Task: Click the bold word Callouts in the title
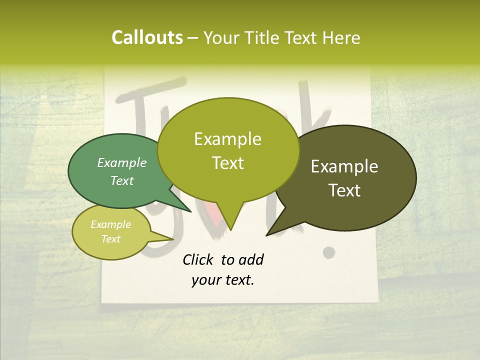tap(147, 37)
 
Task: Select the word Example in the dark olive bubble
tap(344, 166)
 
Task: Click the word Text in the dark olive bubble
tap(344, 190)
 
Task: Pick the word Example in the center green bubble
tap(227, 139)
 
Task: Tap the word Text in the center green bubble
tap(227, 163)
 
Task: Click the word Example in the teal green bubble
tap(122, 162)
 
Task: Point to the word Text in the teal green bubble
tap(122, 180)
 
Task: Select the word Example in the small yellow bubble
tap(110, 224)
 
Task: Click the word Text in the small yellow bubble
tap(110, 239)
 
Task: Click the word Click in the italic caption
tap(199, 259)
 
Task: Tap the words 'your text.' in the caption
tap(223, 280)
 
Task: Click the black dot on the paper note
tap(328, 252)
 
